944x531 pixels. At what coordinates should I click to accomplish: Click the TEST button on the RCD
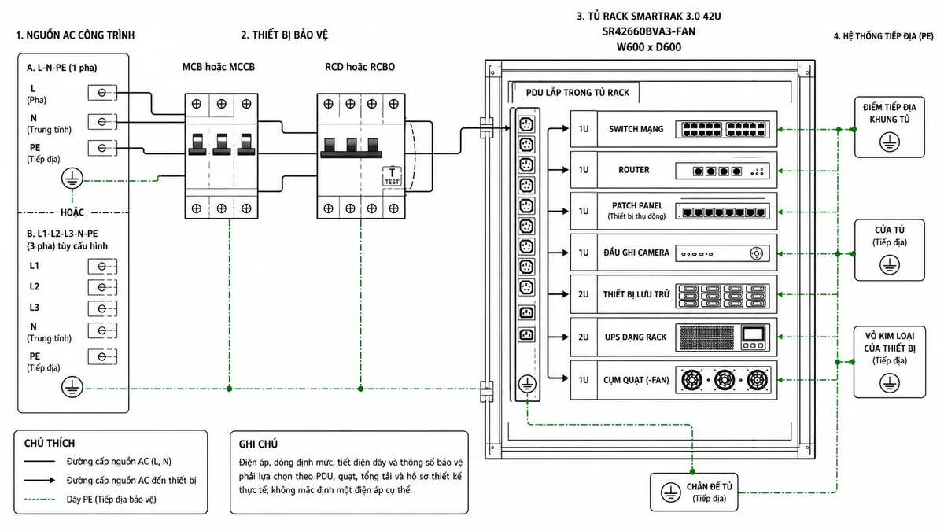392,176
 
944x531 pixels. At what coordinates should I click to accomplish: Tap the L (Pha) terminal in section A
102,92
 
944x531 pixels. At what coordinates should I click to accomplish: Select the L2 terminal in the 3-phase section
102,287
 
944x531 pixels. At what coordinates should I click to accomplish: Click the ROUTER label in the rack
634,170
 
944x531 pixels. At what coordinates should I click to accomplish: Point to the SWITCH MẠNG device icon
722,129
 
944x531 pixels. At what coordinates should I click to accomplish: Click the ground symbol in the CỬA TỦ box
890,265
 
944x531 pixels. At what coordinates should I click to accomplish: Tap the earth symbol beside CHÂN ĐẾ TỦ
670,492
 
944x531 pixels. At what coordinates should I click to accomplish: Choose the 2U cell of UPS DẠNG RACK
584,337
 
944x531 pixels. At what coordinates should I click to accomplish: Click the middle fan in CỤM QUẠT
725,380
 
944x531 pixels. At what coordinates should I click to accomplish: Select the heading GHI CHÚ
258,444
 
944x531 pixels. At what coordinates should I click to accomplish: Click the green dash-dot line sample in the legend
39,500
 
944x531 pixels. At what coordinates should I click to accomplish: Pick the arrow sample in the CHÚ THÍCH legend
39,480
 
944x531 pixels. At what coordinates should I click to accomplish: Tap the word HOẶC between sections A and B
72,212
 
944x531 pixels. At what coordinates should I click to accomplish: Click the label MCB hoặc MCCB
219,67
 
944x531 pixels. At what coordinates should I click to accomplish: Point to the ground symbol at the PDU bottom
527,385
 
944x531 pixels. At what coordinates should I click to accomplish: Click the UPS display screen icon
753,334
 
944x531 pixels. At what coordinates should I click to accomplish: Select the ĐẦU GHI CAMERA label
636,253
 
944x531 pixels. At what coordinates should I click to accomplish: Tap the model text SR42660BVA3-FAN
648,31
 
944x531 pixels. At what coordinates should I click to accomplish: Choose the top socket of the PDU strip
526,124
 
